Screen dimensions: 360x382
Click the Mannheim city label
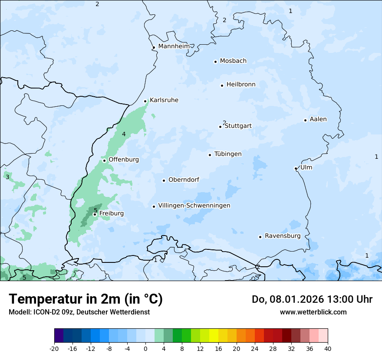[174, 46]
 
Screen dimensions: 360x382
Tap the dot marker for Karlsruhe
[145, 101]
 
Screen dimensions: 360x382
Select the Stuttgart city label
[238, 126]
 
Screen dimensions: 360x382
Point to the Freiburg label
[111, 213]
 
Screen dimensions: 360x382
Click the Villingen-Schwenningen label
[194, 206]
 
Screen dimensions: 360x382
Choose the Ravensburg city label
[283, 236]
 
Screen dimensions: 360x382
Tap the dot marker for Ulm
[296, 168]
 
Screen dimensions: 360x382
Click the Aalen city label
[318, 119]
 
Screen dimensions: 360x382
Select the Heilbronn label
[241, 85]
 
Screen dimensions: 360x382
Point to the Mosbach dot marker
[215, 62]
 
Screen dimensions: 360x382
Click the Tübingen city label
[228, 154]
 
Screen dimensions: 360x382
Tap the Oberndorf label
[184, 180]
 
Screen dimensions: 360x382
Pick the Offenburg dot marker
[104, 160]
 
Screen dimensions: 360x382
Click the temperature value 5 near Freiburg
[95, 210]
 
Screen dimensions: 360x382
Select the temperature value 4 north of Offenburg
[124, 134]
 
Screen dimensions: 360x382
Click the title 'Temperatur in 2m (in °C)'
[86, 299]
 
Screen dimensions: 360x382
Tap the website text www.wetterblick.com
[313, 312]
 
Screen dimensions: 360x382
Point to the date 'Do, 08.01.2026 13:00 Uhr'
[312, 299]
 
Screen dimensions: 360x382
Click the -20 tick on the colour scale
[54, 348]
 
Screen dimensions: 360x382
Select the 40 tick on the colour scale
[328, 348]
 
